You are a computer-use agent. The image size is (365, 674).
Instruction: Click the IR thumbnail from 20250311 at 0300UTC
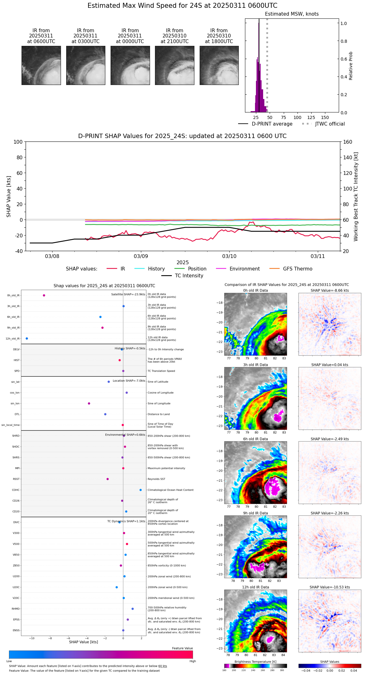pos(86,65)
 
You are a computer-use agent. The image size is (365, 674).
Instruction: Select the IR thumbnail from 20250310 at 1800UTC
pos(219,65)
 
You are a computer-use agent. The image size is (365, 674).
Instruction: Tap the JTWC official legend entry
pos(330,124)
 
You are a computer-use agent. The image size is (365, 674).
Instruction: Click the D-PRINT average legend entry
pos(272,124)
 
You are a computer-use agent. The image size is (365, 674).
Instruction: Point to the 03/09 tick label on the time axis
pos(141,256)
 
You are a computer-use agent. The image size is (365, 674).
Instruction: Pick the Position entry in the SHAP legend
pos(197,269)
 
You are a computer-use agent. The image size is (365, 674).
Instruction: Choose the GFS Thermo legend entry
pos(297,269)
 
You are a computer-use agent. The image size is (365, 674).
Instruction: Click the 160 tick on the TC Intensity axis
pos(347,142)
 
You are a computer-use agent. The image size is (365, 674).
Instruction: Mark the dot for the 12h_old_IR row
pos(27,339)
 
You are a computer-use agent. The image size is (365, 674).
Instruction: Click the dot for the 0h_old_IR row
pos(44,295)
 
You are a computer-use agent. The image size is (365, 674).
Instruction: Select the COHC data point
pos(141,490)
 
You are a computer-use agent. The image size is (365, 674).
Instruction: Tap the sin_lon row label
pos(15,404)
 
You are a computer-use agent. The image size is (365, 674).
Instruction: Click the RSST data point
pos(107,479)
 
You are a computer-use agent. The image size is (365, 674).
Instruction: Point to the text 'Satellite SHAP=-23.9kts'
pos(128,295)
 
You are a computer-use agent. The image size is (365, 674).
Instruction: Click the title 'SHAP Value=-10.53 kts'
pos(330,587)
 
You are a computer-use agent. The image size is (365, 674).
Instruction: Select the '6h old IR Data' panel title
pos(255,439)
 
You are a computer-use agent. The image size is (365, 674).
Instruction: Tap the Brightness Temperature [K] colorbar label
pos(255,662)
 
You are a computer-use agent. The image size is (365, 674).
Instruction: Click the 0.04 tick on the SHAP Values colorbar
pos(353,670)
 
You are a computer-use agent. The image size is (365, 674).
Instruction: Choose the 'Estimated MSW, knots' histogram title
pos(292,14)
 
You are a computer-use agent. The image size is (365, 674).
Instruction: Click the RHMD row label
pos(16,609)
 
